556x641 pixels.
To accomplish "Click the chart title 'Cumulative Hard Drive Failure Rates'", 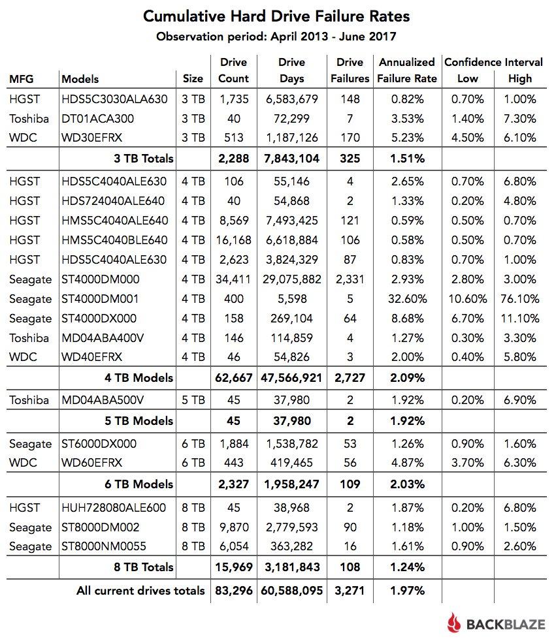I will click(x=277, y=15).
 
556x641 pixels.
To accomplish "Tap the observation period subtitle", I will click(x=277, y=37).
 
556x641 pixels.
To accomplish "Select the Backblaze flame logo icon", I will click(x=455, y=624).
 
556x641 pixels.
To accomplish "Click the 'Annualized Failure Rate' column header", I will click(x=406, y=70).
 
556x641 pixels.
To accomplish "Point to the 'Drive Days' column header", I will click(x=291, y=70).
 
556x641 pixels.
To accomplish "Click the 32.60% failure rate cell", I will click(x=406, y=299).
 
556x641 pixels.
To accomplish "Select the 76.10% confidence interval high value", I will click(x=520, y=299).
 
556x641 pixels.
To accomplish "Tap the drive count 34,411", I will click(x=233, y=279).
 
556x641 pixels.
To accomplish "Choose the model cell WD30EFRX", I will click(x=93, y=138).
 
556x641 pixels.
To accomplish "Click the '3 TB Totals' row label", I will click(x=143, y=157).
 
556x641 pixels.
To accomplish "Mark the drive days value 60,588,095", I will click(x=291, y=591).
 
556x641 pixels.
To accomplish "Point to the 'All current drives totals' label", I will click(x=140, y=591).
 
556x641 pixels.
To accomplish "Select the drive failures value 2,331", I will click(x=350, y=279).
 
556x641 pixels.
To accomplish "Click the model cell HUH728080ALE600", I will click(x=114, y=508).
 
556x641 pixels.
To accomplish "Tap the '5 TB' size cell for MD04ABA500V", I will click(x=193, y=400).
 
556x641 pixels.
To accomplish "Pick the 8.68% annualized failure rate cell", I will click(x=406, y=319).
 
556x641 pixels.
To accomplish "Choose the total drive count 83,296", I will click(x=233, y=591).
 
